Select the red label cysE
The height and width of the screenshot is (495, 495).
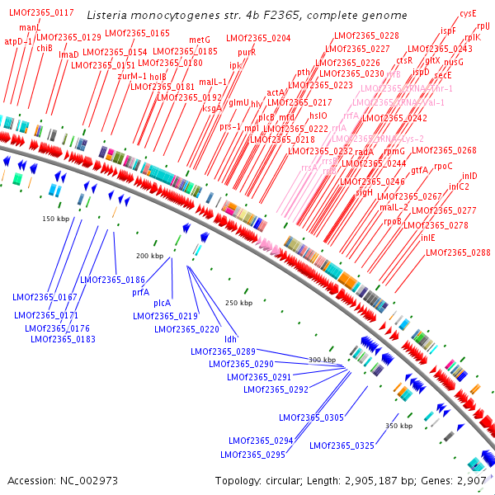(468, 13)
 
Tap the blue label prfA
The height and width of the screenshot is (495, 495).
(140, 292)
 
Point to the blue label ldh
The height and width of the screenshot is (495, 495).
(231, 339)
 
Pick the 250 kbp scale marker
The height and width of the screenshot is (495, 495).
(238, 303)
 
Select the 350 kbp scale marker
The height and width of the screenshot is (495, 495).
(398, 426)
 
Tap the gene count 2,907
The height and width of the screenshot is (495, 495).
(469, 480)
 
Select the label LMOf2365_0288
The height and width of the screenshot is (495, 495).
(458, 252)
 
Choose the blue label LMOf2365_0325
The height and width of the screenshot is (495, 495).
(342, 445)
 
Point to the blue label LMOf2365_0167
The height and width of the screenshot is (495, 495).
(45, 297)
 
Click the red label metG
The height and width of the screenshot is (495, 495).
(200, 40)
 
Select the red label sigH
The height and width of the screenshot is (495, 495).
(365, 192)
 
